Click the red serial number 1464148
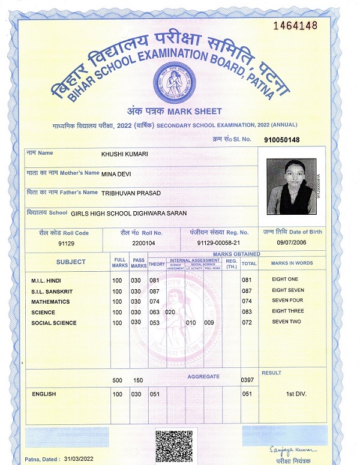pyautogui.click(x=294, y=26)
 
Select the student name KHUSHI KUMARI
pyautogui.click(x=125, y=154)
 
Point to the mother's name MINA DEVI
pyautogui.click(x=116, y=174)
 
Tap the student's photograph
pyautogui.click(x=291, y=187)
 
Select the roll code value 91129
pyautogui.click(x=66, y=244)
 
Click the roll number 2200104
pyautogui.click(x=143, y=244)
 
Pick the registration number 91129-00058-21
pyautogui.click(x=218, y=244)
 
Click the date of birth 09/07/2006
pyautogui.click(x=291, y=242)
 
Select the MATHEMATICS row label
pyautogui.click(x=50, y=302)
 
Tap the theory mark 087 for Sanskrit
pyautogui.click(x=154, y=291)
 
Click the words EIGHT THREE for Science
pyautogui.click(x=288, y=311)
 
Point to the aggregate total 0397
pyautogui.click(x=247, y=380)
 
